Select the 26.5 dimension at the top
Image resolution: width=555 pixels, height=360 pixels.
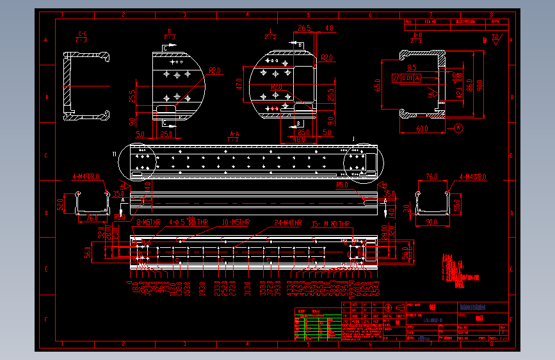pos(304,28)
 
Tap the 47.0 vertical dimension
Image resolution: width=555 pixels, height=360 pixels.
pos(239,84)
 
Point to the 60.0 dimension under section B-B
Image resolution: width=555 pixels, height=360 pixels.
pos(421,129)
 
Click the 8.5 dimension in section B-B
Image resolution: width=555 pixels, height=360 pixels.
pos(412,67)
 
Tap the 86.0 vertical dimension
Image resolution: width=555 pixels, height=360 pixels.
pos(469,84)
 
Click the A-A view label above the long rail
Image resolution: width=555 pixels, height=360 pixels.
pos(234,135)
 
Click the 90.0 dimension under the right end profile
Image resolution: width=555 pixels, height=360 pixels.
pos(433,222)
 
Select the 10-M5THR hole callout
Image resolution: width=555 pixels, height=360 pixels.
pos(236,222)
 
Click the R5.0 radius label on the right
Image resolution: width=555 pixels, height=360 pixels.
pos(342,184)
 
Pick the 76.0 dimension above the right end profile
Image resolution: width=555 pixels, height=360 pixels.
pos(432,176)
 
